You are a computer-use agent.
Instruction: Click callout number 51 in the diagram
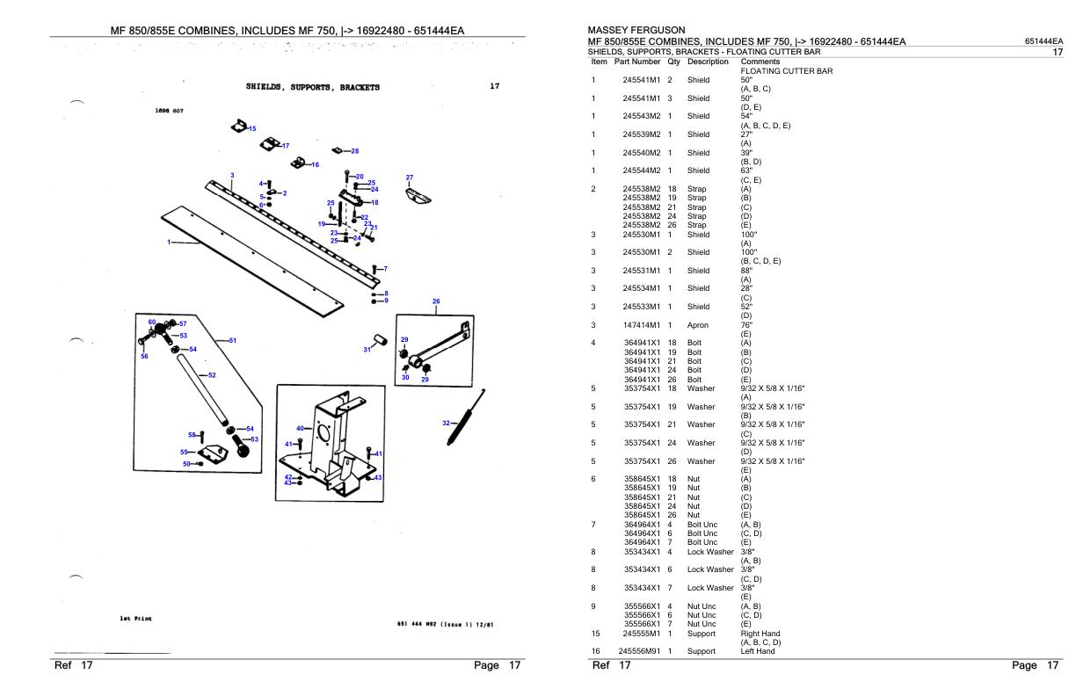(x=233, y=340)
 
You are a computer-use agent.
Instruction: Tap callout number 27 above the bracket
(x=409, y=178)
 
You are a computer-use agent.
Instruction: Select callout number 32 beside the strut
(x=447, y=424)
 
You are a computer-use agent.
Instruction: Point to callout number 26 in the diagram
(x=436, y=301)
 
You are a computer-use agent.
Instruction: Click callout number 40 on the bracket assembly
(x=300, y=428)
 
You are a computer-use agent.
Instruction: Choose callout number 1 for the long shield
(x=169, y=242)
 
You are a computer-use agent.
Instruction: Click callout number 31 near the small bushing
(x=367, y=350)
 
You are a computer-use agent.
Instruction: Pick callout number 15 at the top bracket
(x=252, y=129)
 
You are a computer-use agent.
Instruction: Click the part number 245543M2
(x=641, y=116)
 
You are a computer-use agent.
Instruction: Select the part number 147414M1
(x=641, y=325)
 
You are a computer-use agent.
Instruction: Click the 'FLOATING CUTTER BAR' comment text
(x=787, y=70)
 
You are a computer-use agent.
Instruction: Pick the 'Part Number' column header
(x=637, y=62)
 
